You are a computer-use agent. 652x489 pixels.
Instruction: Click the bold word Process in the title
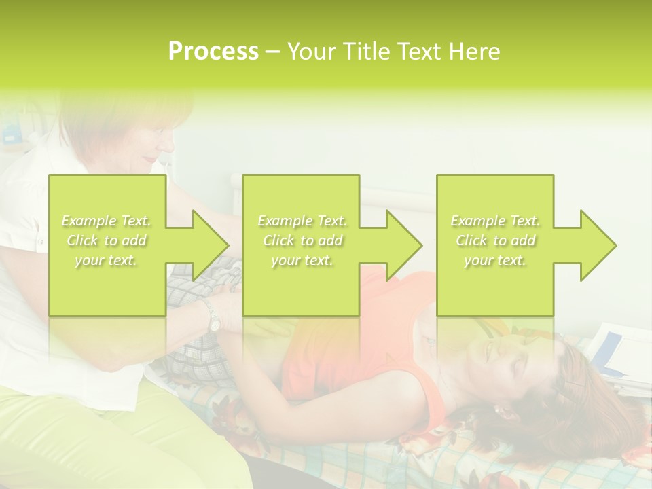pos(213,52)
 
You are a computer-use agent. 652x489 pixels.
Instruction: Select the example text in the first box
pos(106,240)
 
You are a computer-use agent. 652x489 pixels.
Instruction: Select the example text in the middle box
pos(302,240)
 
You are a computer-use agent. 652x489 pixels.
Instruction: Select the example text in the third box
pos(494,240)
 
